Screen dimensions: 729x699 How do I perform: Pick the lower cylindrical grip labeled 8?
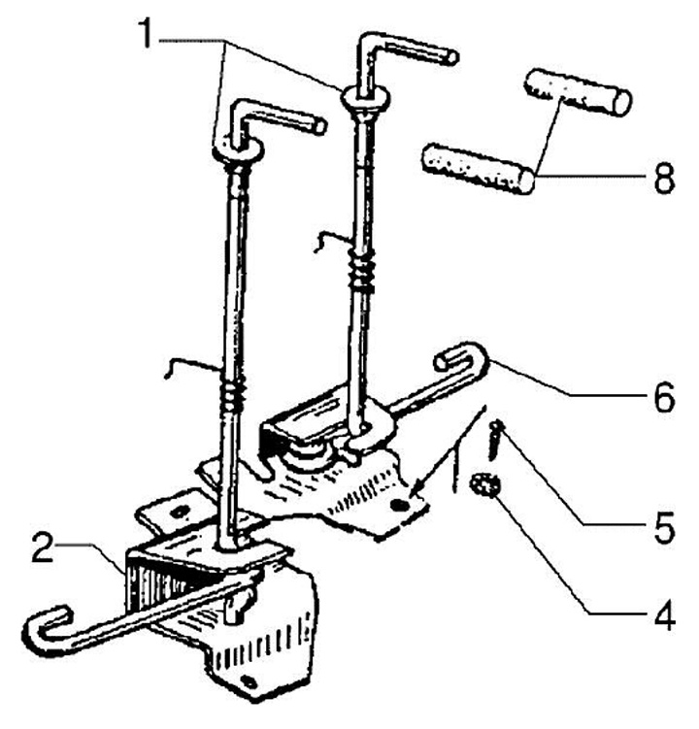478,168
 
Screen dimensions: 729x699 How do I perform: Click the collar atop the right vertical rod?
365,96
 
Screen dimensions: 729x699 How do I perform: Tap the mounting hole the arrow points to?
401,506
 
